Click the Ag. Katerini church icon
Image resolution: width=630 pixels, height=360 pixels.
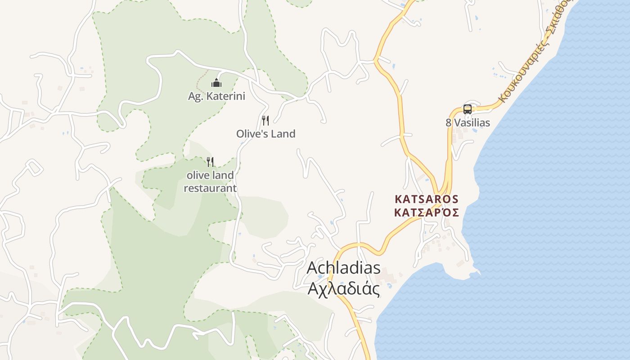216,83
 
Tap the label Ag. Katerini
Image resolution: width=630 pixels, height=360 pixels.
216,96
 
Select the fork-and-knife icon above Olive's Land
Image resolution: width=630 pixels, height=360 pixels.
265,121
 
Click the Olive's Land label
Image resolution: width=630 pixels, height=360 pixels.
265,134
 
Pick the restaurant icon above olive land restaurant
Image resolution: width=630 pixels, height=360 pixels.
210,162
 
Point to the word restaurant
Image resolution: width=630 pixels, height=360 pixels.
210,188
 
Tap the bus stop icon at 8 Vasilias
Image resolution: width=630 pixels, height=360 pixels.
468,109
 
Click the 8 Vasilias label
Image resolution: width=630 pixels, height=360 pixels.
468,122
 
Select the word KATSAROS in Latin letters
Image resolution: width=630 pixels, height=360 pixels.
427,199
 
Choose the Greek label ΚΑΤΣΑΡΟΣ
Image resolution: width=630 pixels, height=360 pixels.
427,212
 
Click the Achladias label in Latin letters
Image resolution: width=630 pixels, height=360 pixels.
343,268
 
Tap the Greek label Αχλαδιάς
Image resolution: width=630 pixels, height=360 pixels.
343,288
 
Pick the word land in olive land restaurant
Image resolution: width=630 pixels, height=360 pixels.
223,175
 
